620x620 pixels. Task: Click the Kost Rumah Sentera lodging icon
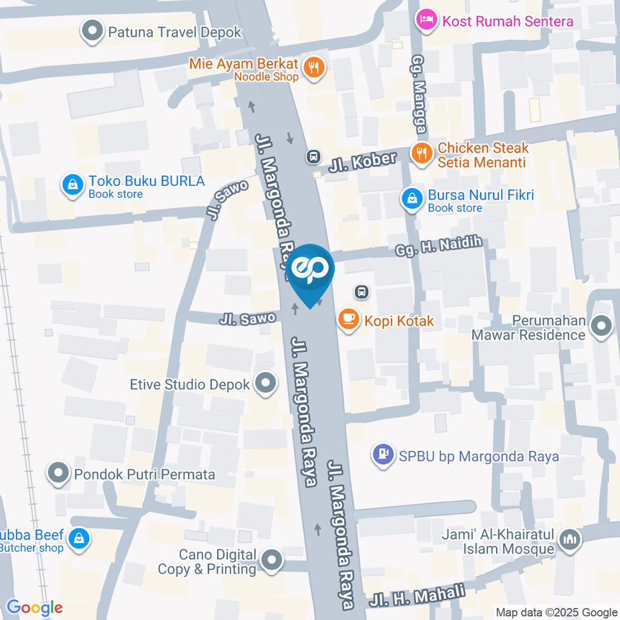(427, 20)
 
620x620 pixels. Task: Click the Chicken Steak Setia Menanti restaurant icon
(422, 154)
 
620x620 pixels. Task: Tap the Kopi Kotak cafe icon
(349, 320)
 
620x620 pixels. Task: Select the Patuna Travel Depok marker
(92, 30)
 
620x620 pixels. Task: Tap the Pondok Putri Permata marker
(59, 473)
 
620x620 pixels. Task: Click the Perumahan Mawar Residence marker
(601, 327)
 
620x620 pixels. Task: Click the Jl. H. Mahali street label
(418, 595)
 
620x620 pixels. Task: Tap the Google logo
(34, 608)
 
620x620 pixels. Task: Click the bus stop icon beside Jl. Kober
(313, 156)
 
